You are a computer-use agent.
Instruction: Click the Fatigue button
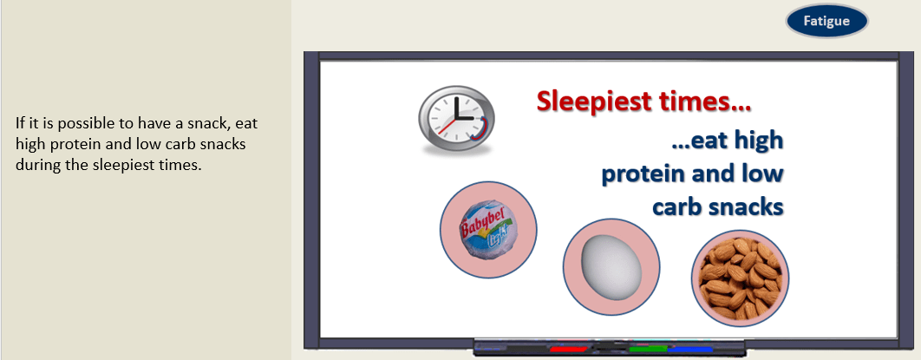click(826, 21)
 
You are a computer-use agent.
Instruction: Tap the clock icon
click(456, 120)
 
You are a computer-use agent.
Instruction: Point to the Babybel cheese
click(488, 230)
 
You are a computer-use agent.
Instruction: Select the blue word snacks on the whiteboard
click(749, 207)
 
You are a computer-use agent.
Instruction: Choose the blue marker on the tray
click(690, 350)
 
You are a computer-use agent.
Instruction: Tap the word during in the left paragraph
click(34, 165)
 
